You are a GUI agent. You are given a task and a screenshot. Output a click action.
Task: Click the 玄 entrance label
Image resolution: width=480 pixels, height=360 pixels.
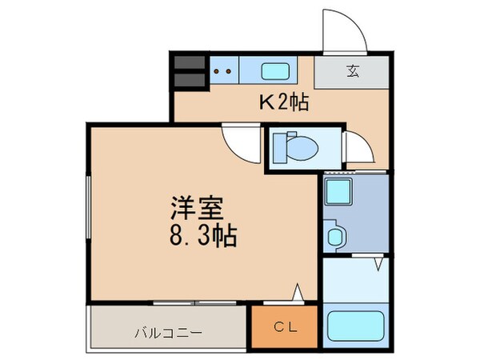pyautogui.click(x=352, y=70)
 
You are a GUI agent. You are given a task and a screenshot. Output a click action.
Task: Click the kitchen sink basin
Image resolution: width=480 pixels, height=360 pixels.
pyautogui.click(x=278, y=70)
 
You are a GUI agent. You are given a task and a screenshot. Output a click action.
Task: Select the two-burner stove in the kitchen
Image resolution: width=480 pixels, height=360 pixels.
pyautogui.click(x=225, y=70)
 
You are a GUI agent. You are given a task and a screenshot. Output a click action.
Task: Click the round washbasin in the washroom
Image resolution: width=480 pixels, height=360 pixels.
pyautogui.click(x=334, y=238)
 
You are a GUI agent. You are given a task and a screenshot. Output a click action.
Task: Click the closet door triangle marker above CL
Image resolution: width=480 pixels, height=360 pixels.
pyautogui.click(x=298, y=294)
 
